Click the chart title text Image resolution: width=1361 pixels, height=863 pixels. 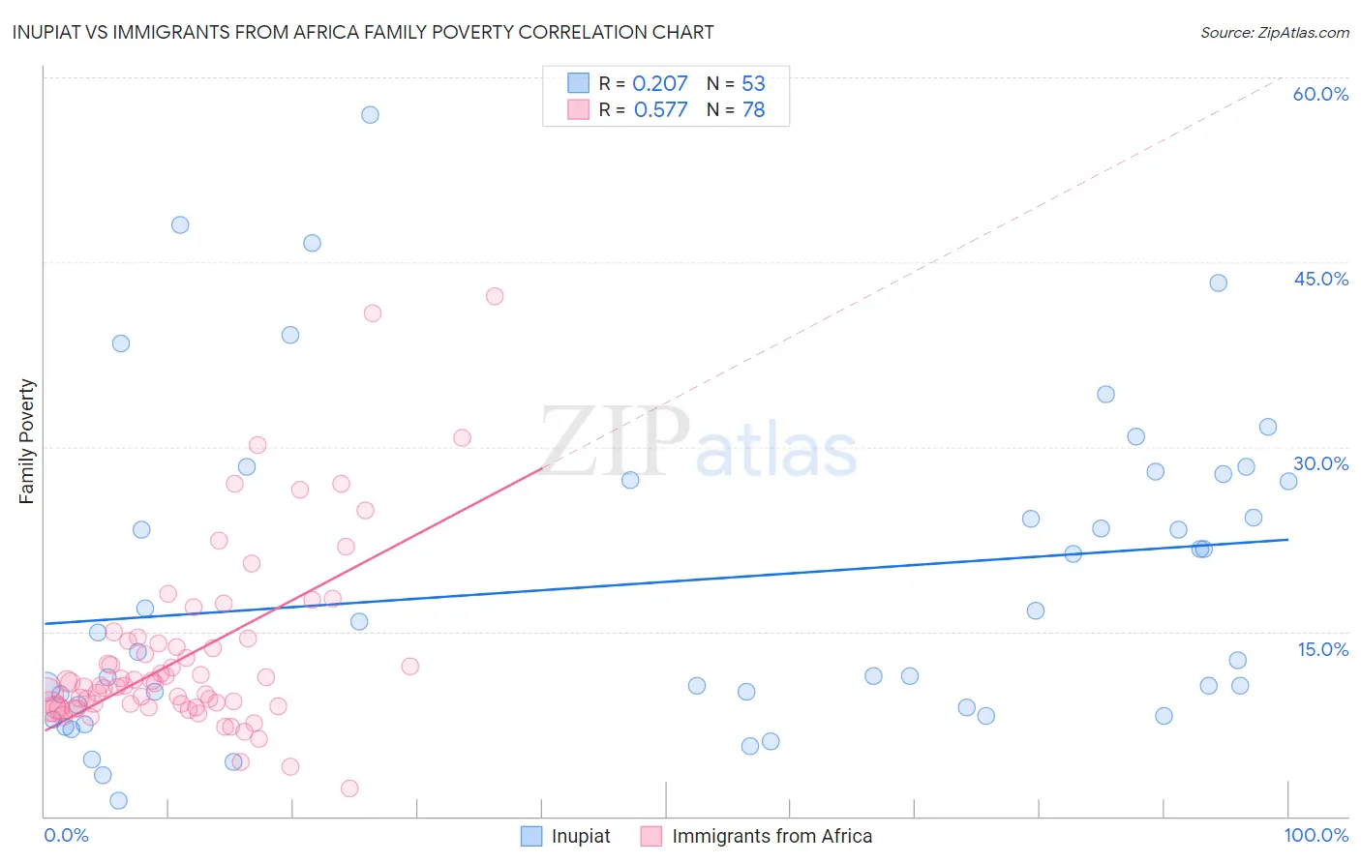[x=363, y=32]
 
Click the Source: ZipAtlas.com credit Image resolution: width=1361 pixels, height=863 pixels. [x=1274, y=32]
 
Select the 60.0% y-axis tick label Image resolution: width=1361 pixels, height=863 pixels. [x=1320, y=94]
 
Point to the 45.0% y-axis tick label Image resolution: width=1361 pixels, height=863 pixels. [x=1320, y=279]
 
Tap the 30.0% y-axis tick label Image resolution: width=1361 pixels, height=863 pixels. [x=1320, y=463]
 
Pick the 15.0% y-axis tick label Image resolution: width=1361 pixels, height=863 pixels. [x=1322, y=649]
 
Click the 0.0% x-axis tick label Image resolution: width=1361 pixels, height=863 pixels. [x=66, y=835]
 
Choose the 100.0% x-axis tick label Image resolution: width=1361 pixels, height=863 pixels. [x=1316, y=835]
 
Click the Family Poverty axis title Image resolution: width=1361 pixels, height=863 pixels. [x=27, y=441]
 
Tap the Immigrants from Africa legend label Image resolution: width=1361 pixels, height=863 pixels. [x=771, y=836]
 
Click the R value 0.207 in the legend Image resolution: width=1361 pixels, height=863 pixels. [x=659, y=83]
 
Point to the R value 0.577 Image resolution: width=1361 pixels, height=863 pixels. [x=660, y=109]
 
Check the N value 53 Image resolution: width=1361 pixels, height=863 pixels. [x=753, y=83]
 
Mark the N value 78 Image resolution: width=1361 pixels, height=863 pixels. [x=753, y=109]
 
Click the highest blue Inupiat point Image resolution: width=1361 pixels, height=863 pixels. [x=370, y=114]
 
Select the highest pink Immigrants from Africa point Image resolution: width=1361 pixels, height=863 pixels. [x=495, y=296]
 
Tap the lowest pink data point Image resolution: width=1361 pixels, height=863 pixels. [x=349, y=789]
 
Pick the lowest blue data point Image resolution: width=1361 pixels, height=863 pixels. [x=118, y=800]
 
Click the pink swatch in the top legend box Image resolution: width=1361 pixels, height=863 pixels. [x=578, y=109]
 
